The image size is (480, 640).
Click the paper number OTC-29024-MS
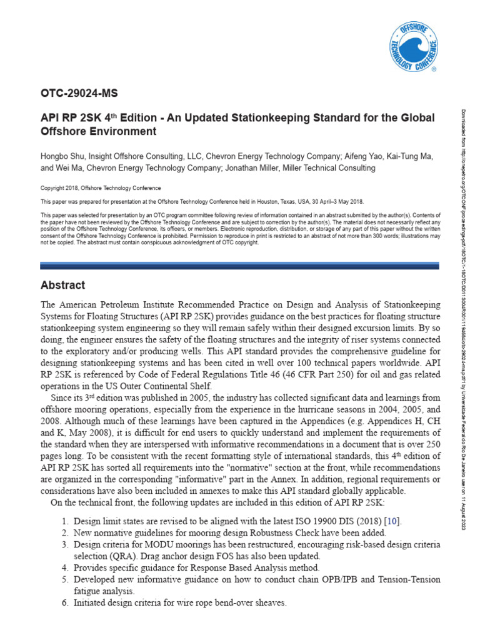[79, 94]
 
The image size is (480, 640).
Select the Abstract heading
[62, 285]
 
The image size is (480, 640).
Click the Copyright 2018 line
[101, 188]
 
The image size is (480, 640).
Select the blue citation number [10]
[392, 521]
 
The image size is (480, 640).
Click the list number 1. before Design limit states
[65, 521]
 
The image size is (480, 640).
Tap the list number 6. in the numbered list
[65, 602]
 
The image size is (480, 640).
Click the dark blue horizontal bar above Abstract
[241, 266]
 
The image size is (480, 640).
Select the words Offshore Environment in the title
[98, 131]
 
